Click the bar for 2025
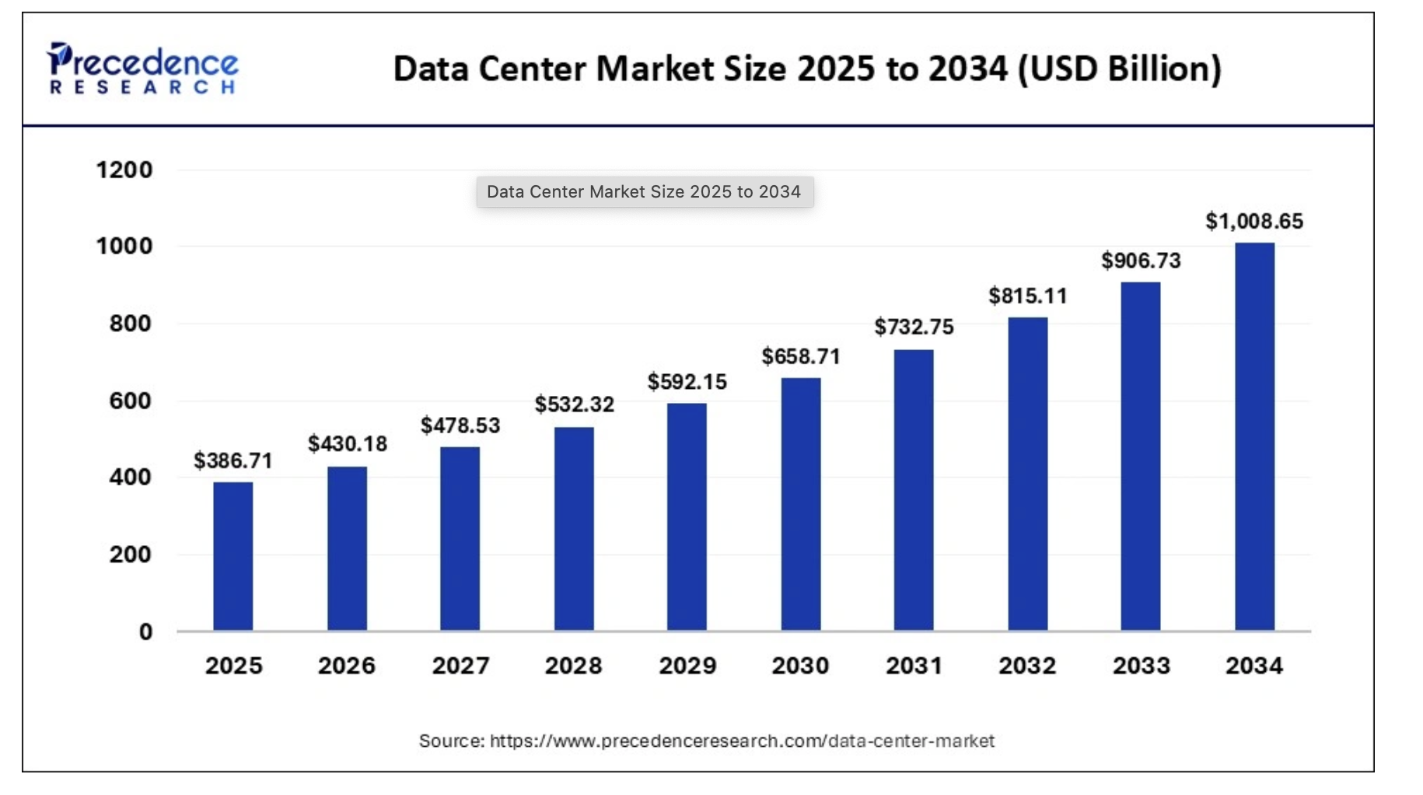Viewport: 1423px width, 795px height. tap(233, 556)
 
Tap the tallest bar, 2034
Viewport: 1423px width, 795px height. tap(1254, 436)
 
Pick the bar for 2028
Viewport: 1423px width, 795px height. tap(574, 529)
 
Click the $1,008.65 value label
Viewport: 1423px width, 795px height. tap(1253, 222)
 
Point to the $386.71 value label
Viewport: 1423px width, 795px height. tap(233, 461)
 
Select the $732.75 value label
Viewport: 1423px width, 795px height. tap(914, 327)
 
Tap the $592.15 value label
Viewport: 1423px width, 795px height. tap(687, 382)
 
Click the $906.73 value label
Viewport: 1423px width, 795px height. tap(1141, 261)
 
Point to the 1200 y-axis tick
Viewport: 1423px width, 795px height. tap(124, 170)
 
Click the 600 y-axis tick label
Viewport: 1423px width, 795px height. tap(130, 401)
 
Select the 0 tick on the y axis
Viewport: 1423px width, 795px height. tap(145, 632)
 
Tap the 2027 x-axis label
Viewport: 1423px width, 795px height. tap(460, 666)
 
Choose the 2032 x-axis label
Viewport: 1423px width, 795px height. tap(1027, 666)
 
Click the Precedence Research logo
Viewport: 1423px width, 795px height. tap(143, 69)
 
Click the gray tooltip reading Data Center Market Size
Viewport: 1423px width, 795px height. tap(644, 192)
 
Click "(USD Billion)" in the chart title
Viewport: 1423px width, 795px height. tap(1119, 68)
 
